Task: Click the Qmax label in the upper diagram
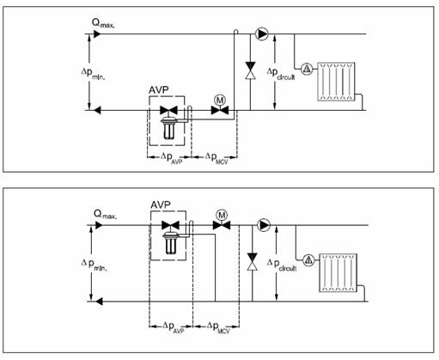pyautogui.click(x=103, y=23)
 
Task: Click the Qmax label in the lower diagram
pyautogui.click(x=105, y=215)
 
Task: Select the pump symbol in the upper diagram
pyautogui.click(x=261, y=34)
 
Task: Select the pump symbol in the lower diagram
pyautogui.click(x=264, y=225)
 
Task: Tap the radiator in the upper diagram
pyautogui.click(x=336, y=82)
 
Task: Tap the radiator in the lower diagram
pyautogui.click(x=338, y=272)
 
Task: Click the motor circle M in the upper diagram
pyautogui.click(x=220, y=101)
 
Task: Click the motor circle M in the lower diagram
pyautogui.click(x=222, y=215)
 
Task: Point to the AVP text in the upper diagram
pyautogui.click(x=159, y=90)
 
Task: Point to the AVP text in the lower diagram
pyautogui.click(x=161, y=204)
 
